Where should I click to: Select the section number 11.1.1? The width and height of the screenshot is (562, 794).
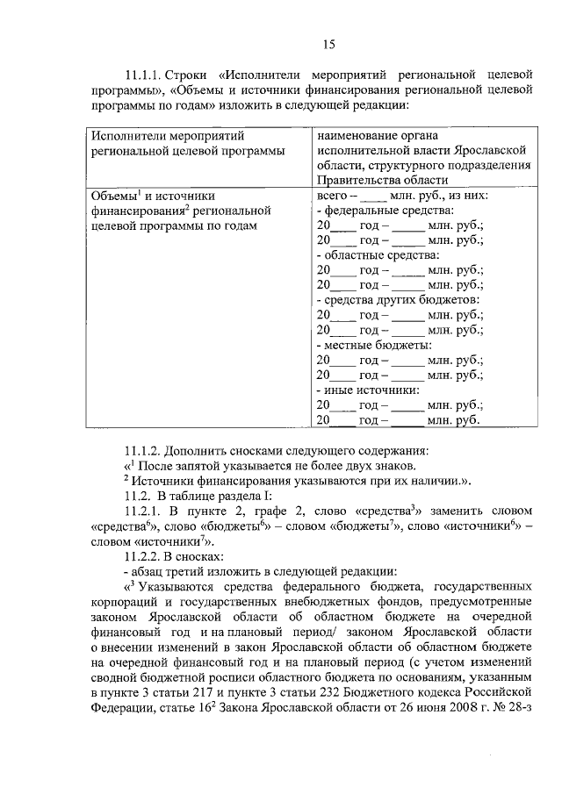click(147, 75)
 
